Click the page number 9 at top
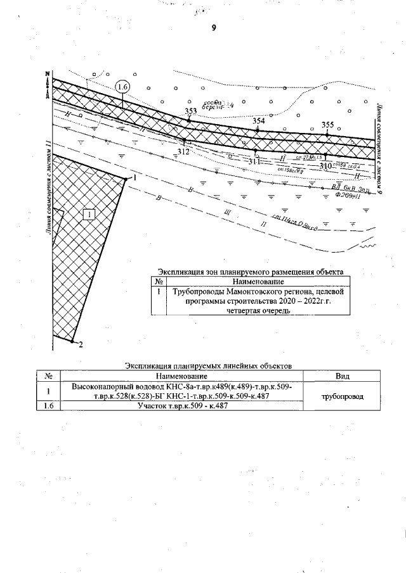click(x=214, y=27)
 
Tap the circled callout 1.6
click(x=122, y=86)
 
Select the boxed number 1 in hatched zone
click(x=89, y=215)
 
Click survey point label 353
click(x=190, y=111)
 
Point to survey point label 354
click(x=258, y=120)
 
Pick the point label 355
click(x=327, y=124)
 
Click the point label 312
click(x=183, y=151)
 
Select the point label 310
click(x=326, y=165)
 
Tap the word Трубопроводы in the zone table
click(x=197, y=291)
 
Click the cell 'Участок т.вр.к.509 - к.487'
click(x=183, y=406)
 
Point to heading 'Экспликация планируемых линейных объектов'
click(x=207, y=366)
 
